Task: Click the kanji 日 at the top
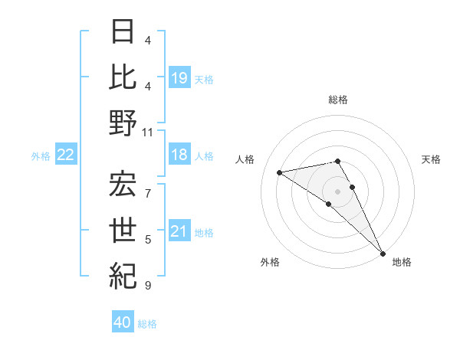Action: pyautogui.click(x=123, y=33)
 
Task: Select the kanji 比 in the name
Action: pyautogui.click(x=123, y=77)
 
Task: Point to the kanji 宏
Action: pyautogui.click(x=123, y=184)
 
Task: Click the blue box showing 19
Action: pyautogui.click(x=179, y=77)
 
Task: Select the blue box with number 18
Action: pyautogui.click(x=179, y=155)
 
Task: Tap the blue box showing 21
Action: pyautogui.click(x=179, y=231)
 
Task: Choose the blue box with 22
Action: pyautogui.click(x=66, y=155)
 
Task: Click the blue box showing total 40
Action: pyautogui.click(x=123, y=322)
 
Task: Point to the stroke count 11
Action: pyautogui.click(x=149, y=133)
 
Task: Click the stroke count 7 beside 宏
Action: pyautogui.click(x=148, y=184)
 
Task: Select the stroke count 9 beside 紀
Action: pyautogui.click(x=148, y=286)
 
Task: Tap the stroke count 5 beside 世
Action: pyautogui.click(x=148, y=240)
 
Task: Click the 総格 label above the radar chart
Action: pyautogui.click(x=338, y=100)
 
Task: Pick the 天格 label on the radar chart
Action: pyautogui.click(x=432, y=159)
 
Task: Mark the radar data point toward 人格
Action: pyautogui.click(x=280, y=172)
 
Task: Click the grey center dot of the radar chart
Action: pyautogui.click(x=338, y=190)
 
